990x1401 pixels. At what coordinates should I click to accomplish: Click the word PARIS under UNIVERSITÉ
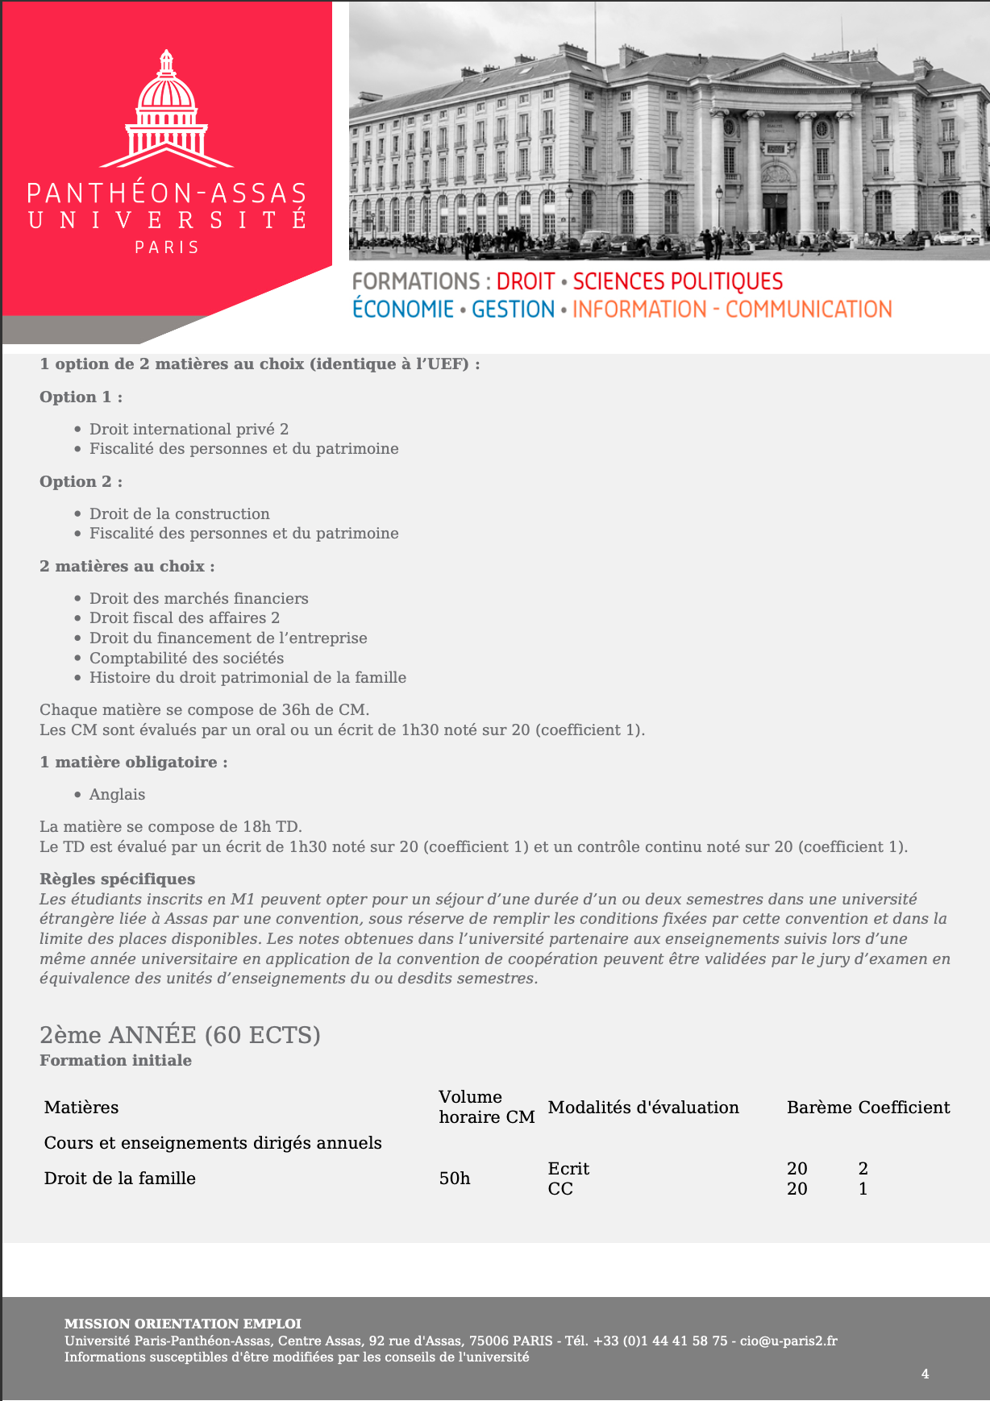167,247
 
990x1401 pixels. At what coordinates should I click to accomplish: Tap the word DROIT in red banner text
525,281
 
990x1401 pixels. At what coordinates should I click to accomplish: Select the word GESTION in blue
513,310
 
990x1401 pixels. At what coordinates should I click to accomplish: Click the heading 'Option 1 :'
81,397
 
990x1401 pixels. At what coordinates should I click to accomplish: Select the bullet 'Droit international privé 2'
189,429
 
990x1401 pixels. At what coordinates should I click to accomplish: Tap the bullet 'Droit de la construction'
179,513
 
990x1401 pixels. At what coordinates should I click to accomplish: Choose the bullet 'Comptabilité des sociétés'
186,658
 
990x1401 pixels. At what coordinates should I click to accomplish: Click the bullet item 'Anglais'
117,794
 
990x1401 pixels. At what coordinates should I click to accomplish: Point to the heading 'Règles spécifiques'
117,879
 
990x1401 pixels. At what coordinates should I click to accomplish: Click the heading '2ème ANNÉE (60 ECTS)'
180,1034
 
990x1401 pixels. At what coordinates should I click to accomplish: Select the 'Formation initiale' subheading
115,1060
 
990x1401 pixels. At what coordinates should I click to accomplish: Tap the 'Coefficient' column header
904,1107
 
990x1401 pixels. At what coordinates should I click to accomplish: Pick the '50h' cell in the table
455,1178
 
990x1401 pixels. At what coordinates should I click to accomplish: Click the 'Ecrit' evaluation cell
568,1168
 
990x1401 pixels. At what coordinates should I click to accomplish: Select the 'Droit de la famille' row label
119,1178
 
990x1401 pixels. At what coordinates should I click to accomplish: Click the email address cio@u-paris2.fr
788,1341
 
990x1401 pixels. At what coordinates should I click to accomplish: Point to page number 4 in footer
925,1374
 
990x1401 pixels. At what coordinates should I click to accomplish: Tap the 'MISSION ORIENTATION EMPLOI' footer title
182,1323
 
